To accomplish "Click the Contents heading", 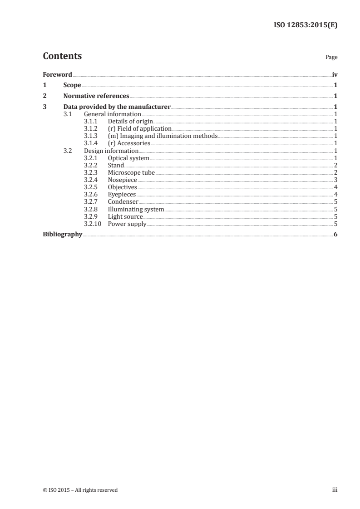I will pos(62,56).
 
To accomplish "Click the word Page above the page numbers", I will pos(331,58).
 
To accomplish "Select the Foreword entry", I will pos(57,74).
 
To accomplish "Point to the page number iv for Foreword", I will pos(335,74).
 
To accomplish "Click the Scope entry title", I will pos(72,85).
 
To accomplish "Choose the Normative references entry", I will pos(96,96).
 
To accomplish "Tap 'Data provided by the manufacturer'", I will pos(117,107).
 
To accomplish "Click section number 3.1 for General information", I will pos(68,114).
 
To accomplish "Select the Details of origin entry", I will pos(130,122).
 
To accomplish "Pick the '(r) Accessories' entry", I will pos(129,143).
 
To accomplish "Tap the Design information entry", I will pos(111,151).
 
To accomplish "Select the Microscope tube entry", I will pos(131,173).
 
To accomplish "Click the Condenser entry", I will pos(123,202).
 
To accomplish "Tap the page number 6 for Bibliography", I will pos(335,235).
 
